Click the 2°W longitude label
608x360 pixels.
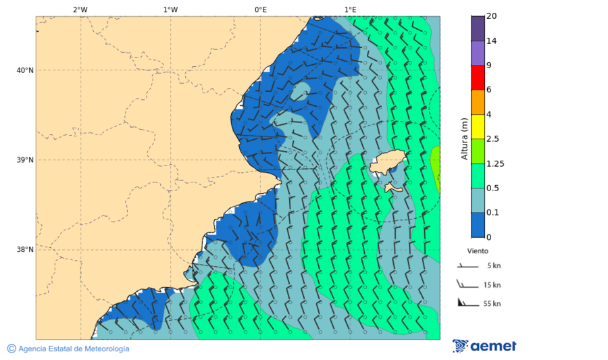80,9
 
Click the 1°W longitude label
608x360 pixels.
170,9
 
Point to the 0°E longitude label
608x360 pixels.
260,9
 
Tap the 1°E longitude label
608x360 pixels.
350,9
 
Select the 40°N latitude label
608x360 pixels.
25,70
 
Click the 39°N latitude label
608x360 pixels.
25,160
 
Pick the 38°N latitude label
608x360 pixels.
25,250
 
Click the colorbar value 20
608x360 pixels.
492,16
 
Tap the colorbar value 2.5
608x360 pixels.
493,139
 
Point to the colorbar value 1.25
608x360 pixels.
495,163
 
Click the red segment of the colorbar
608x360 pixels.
478,78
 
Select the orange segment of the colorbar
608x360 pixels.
478,102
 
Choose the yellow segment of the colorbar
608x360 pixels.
478,126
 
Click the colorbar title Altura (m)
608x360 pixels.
464,139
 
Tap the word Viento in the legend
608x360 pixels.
478,251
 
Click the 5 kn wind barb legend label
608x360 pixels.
493,266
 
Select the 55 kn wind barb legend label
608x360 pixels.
492,304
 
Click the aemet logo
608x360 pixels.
484,346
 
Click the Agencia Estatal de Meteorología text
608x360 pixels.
74,349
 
